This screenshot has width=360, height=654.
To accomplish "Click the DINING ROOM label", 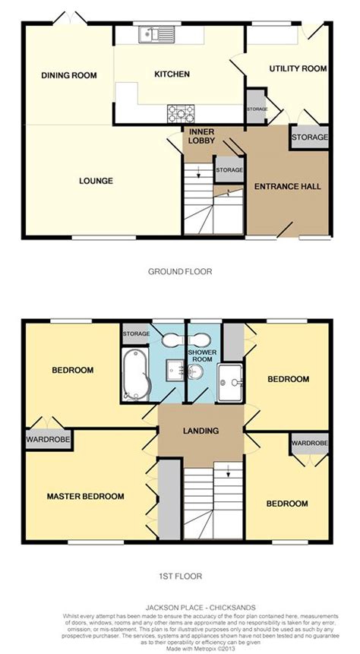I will [69, 74].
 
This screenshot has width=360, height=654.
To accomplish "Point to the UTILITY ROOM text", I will [298, 68].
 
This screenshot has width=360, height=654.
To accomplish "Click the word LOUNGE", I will [96, 181].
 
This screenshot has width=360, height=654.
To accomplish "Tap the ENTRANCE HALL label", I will [287, 186].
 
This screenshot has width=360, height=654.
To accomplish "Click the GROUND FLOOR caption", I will [179, 270].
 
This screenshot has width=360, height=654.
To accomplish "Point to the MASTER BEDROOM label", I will [85, 496].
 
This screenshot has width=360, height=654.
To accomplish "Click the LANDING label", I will [201, 431].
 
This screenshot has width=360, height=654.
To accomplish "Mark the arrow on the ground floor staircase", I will [197, 175].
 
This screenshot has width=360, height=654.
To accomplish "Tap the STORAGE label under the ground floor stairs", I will [229, 170].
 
